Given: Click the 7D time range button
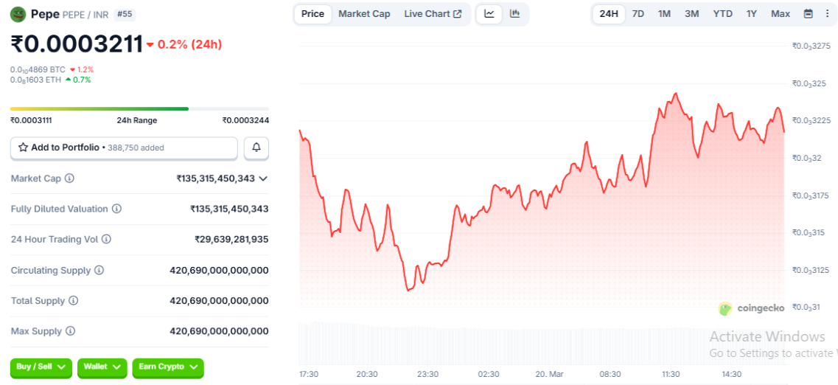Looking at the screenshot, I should click(638, 14).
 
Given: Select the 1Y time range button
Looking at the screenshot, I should click(751, 14).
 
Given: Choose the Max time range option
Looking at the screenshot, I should click(780, 14).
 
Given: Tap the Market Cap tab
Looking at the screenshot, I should click(364, 14).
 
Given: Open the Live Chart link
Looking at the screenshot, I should click(433, 14).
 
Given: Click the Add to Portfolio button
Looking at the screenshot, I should click(124, 148).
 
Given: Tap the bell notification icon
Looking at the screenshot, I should click(256, 148).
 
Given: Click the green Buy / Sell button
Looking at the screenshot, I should click(41, 367).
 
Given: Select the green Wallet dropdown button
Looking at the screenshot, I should click(102, 367).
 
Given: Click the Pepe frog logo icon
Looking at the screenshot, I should click(18, 14).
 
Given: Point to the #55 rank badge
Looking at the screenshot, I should click(125, 14).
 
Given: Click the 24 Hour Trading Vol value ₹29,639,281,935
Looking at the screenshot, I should click(231, 240).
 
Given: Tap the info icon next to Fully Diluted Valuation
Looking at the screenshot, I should click(116, 209).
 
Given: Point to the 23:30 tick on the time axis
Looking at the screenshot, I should click(427, 374).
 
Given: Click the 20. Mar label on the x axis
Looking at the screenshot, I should click(548, 374).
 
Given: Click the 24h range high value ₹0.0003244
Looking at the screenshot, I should click(245, 120).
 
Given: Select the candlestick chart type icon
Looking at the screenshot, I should click(514, 14).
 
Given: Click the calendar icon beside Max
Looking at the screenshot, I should click(809, 14).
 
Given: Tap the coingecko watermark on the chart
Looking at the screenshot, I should click(752, 308).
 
